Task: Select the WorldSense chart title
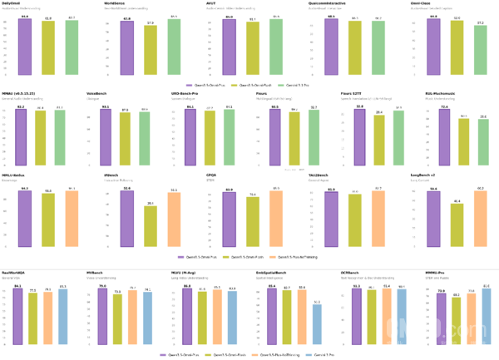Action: pos(116,3)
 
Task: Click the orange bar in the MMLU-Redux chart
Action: pos(72,219)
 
